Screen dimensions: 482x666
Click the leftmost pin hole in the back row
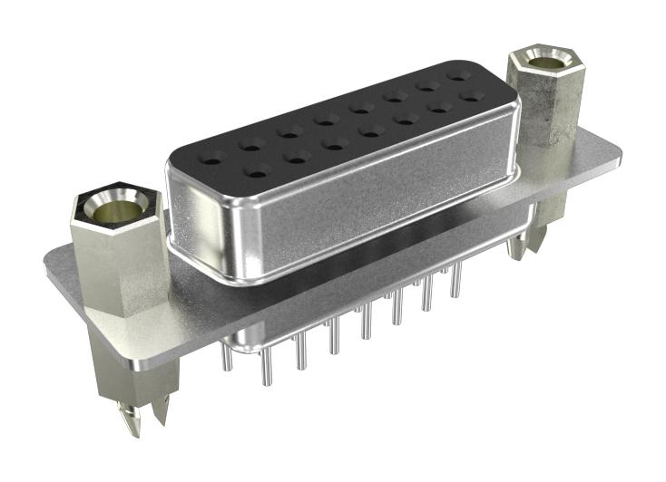211,161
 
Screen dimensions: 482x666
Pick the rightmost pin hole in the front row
469,95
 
